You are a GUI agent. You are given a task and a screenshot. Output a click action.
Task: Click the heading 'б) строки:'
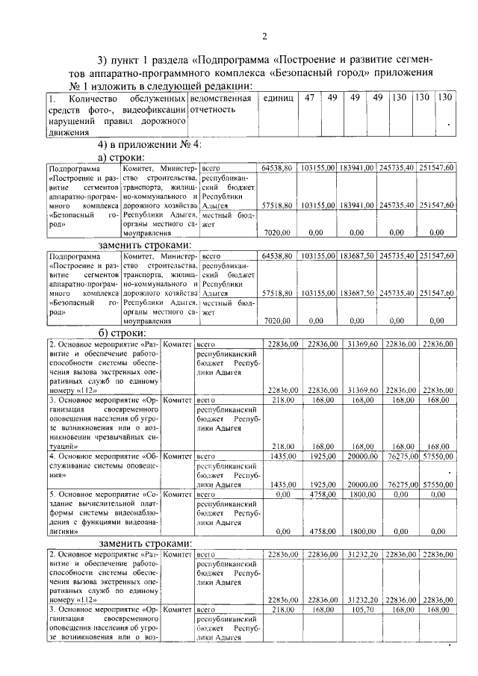[x=122, y=332]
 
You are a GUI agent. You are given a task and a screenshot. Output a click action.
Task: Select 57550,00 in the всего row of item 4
[x=437, y=455]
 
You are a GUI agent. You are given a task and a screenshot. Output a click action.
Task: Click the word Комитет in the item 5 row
[x=178, y=494]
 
